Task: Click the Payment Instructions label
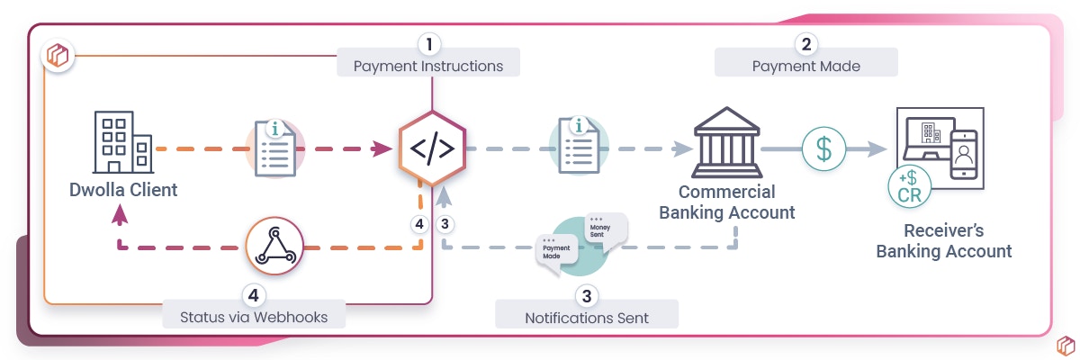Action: coord(428,67)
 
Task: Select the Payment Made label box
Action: coord(805,67)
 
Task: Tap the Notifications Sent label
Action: coord(587,319)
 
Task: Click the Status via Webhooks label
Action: coord(253,317)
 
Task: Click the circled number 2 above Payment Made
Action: coord(806,43)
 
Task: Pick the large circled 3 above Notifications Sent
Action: coord(587,295)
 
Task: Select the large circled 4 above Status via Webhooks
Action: coord(255,293)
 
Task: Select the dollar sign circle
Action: coord(823,148)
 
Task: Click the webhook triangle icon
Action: coord(274,245)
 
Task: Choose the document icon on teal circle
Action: coord(579,146)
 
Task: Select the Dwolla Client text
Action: coord(123,190)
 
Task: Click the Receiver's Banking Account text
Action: coord(944,240)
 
